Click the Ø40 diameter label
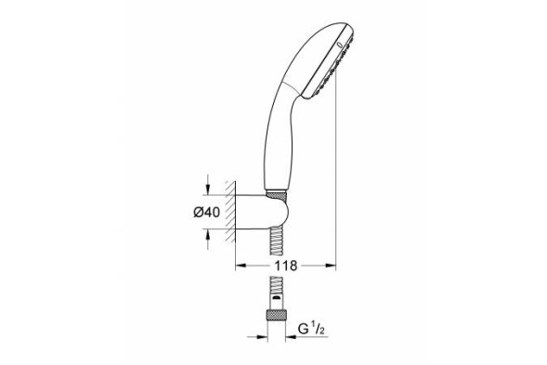click(x=205, y=213)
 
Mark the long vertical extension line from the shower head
click(x=331, y=167)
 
